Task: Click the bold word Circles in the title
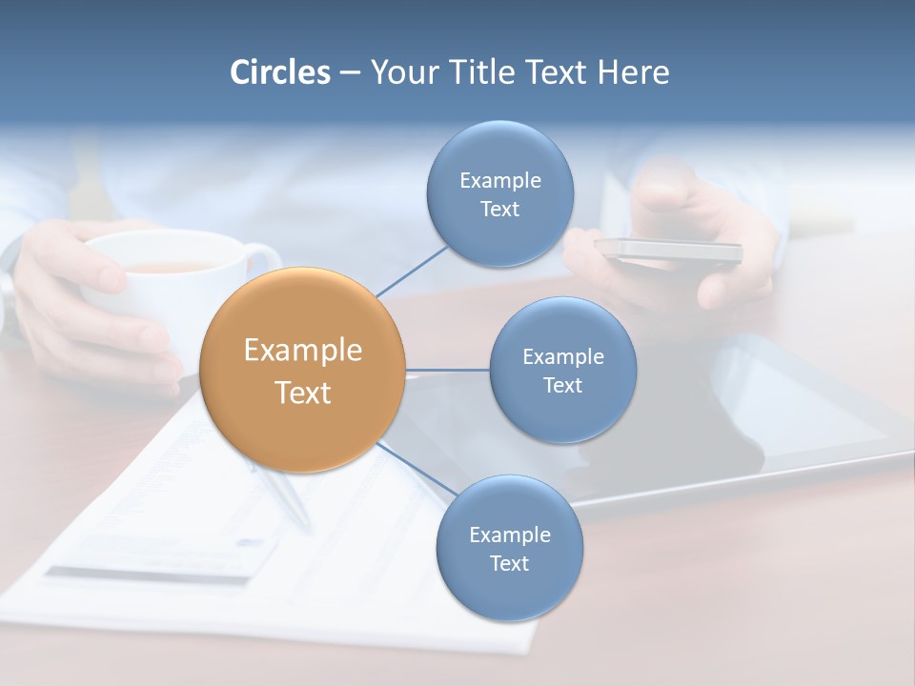(x=279, y=72)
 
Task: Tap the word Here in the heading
(x=633, y=72)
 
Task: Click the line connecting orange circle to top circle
(x=412, y=271)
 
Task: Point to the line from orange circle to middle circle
(x=447, y=370)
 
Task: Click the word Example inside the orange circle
(x=302, y=351)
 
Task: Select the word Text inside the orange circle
(x=302, y=393)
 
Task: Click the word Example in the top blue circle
(x=499, y=181)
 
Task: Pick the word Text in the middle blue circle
(x=562, y=386)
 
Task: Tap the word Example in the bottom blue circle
(x=509, y=535)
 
